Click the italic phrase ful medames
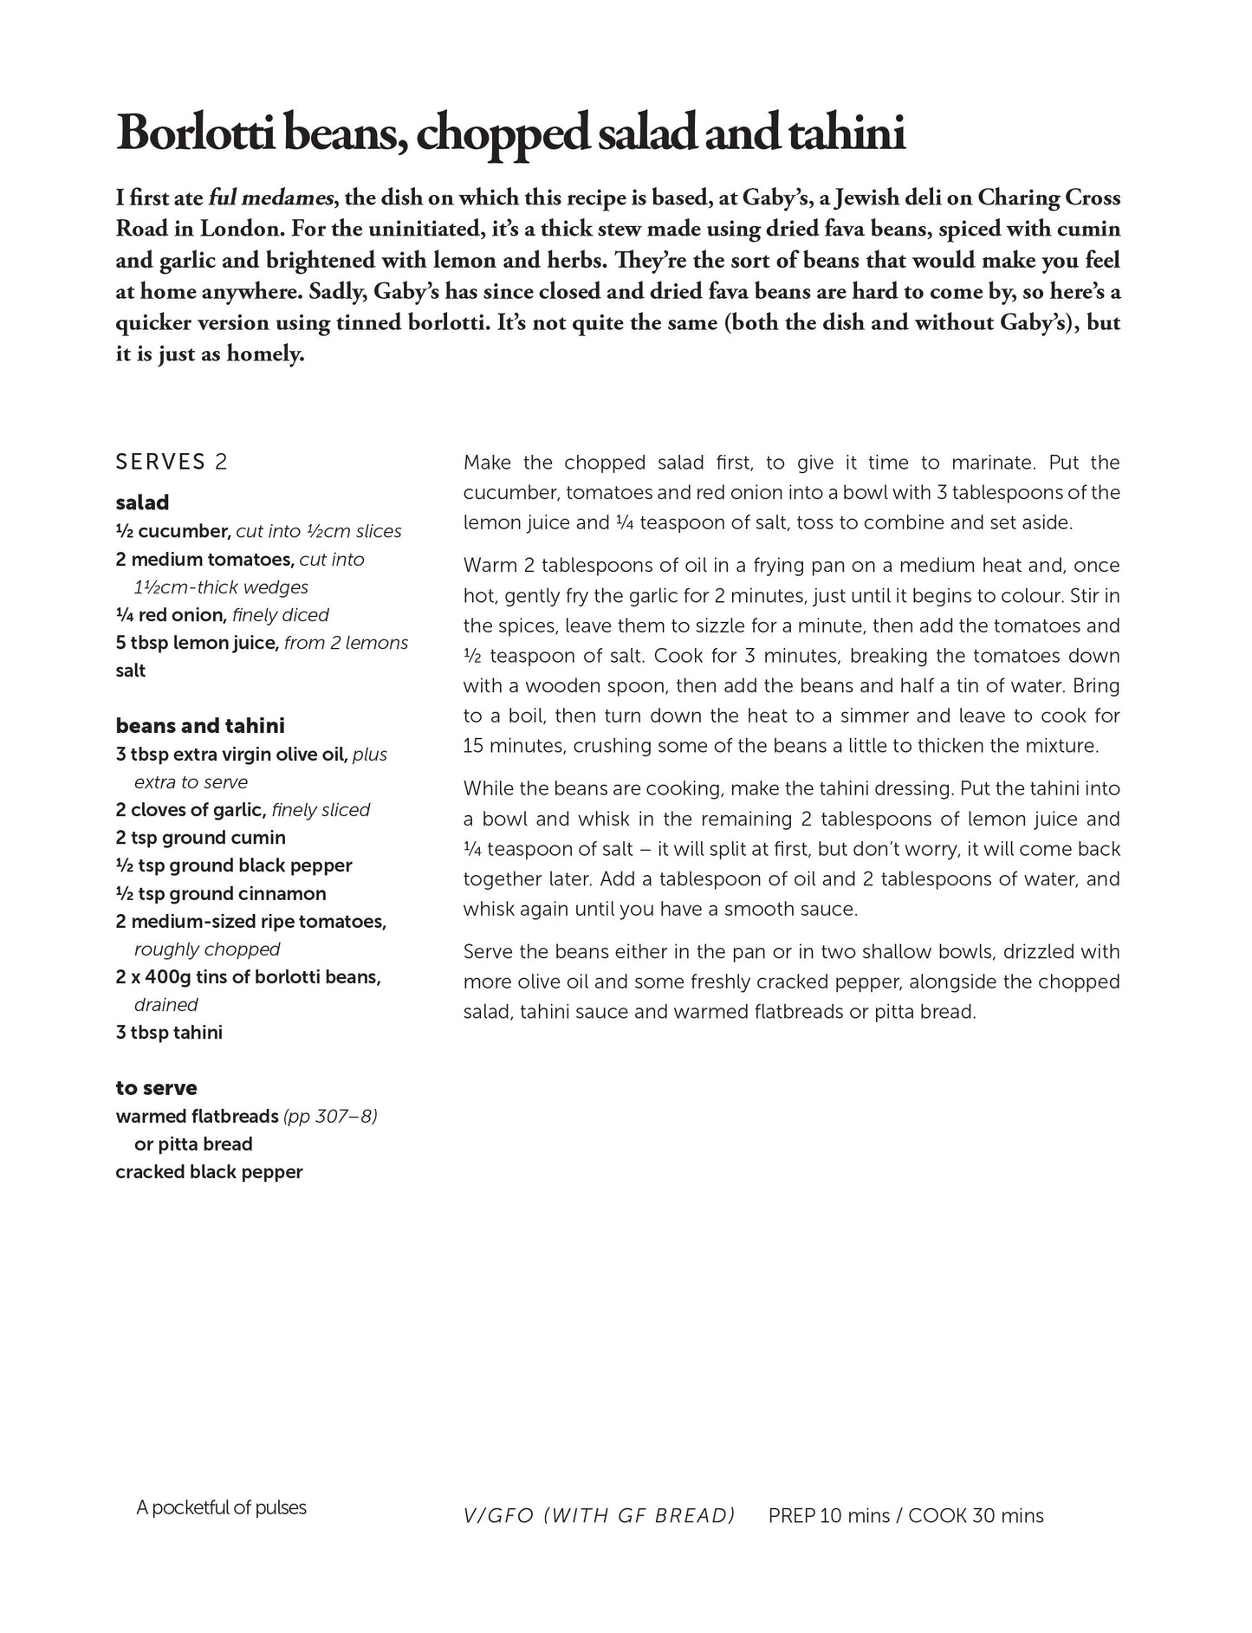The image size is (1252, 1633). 271,198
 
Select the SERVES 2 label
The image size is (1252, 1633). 172,462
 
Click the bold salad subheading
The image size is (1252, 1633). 142,502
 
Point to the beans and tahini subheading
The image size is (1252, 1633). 200,726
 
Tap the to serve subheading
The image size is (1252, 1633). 156,1088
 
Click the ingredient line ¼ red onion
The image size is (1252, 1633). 171,615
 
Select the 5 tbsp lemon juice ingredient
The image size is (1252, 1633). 198,643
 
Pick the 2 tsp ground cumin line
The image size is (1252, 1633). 200,838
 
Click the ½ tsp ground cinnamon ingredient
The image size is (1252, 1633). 221,893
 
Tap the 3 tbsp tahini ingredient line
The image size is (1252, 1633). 169,1033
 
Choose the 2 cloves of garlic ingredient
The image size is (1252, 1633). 190,810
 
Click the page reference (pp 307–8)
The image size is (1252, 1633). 330,1116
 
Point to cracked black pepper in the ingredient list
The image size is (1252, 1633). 209,1172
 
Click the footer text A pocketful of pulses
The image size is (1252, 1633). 221,1507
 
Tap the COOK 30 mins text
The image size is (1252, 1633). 976,1516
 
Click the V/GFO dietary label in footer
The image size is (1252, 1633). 498,1516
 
